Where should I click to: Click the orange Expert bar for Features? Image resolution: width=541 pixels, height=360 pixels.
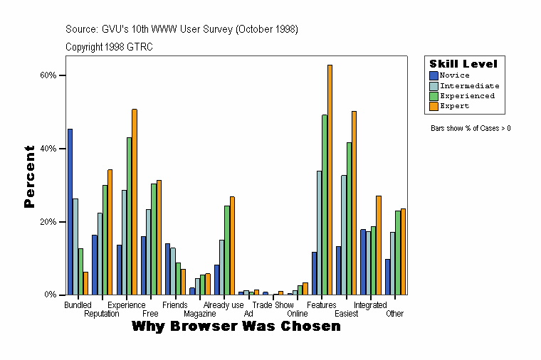point(330,179)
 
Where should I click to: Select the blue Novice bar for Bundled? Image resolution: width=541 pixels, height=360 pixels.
point(70,211)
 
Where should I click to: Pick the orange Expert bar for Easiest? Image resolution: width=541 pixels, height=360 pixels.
point(354,203)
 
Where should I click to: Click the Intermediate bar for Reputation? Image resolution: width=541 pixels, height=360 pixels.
point(100,253)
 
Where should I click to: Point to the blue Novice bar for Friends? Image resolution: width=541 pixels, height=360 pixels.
point(167,269)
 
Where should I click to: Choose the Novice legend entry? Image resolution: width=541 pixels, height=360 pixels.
point(454,75)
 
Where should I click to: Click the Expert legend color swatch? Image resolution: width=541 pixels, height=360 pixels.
point(434,106)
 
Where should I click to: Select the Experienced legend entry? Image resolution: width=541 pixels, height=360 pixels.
point(466,95)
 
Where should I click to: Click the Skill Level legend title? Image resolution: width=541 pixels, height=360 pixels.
point(463,64)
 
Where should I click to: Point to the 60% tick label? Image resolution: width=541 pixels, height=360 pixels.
point(48,75)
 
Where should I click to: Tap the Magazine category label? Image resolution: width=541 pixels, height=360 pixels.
point(199,314)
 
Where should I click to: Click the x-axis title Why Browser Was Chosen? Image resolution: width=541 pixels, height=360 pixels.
point(236,327)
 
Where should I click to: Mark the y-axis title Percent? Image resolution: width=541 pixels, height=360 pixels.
point(29,176)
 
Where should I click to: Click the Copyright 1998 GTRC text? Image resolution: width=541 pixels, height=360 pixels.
point(109,47)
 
